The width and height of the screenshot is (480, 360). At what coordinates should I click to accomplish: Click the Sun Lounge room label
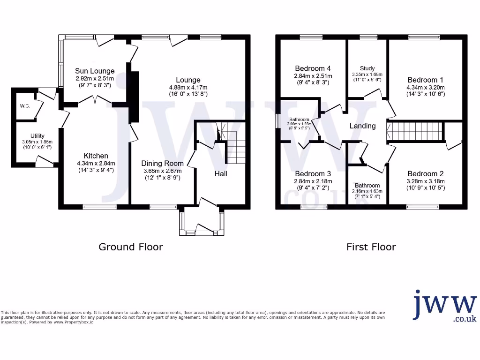pos(95,71)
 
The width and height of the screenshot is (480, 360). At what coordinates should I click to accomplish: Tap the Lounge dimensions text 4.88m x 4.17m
pos(188,88)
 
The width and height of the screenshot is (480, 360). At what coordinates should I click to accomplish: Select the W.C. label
pos(25,106)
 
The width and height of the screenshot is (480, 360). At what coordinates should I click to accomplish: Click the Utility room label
pos(37,136)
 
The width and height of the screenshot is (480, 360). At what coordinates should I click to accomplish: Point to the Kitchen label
pos(96,156)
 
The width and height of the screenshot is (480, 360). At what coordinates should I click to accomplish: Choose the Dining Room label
pos(161,163)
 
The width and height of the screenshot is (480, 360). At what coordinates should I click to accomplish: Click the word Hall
pos(221,173)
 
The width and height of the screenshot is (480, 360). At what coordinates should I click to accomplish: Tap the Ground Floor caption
pos(130,247)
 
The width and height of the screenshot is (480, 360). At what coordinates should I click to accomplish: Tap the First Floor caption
pos(371,247)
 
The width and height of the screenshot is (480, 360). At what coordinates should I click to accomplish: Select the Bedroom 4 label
pos(313,67)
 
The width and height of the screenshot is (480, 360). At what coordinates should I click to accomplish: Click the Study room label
pos(367,68)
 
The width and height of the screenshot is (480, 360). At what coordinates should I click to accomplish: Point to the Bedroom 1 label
pos(425,79)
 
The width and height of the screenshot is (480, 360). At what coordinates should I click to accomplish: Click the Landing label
pos(362,126)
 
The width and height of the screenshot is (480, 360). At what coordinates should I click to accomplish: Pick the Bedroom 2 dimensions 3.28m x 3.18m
pos(425,181)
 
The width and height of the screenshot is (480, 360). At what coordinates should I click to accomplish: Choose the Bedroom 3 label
pos(313,173)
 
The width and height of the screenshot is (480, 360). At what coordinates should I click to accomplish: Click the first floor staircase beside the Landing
pos(415,131)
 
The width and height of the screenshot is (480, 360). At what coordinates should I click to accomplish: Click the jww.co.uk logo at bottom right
pos(445,306)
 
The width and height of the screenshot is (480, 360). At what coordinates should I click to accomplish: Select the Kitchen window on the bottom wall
pos(96,206)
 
